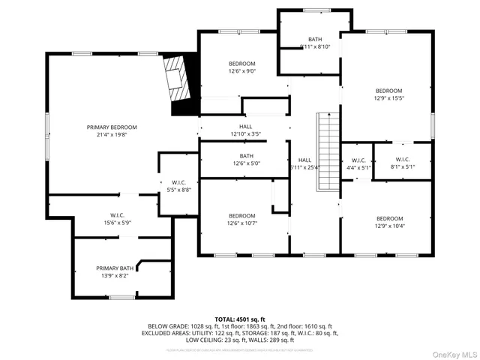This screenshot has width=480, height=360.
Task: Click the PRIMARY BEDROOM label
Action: tap(112, 127)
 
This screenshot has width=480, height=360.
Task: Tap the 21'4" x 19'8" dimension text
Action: tap(112, 136)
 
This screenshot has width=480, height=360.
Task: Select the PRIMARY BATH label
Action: tap(115, 268)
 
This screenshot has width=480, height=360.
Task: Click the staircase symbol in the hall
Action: tap(326, 151)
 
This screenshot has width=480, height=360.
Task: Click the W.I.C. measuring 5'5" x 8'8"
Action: tap(179, 187)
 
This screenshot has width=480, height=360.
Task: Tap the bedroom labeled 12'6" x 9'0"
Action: tap(241, 67)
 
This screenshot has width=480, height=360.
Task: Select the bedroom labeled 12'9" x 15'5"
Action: tap(388, 94)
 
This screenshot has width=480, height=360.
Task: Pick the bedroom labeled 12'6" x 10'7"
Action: tap(241, 220)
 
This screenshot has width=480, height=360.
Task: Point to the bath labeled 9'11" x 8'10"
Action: tap(314, 43)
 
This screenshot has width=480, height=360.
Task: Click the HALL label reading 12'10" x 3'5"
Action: tap(245, 130)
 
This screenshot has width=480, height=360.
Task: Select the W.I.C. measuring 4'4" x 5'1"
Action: tap(357, 163)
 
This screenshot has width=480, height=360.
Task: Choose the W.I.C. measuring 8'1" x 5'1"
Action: tap(402, 163)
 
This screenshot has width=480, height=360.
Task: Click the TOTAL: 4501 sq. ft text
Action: tap(240, 319)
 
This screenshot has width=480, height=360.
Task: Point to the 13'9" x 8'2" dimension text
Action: tap(115, 275)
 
